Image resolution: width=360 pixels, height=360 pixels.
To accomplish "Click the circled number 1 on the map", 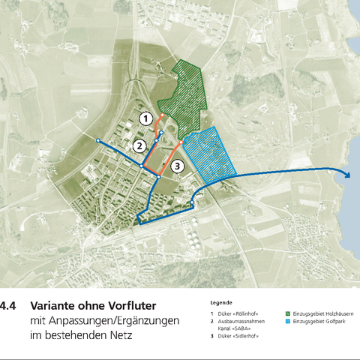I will pos(147,118).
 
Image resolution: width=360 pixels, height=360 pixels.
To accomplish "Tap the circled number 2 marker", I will pos(139,145).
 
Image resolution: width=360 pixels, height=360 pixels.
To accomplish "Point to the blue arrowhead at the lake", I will pos(348,174).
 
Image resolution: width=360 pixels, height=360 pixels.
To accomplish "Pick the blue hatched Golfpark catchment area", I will pos(211,154).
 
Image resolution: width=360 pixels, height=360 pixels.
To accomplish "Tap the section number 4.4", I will pos(8,307).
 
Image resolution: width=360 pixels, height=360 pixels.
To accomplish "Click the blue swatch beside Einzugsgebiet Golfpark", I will pos(288,321).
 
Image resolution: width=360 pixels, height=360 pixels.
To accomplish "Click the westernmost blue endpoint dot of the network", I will pos(97,140).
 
